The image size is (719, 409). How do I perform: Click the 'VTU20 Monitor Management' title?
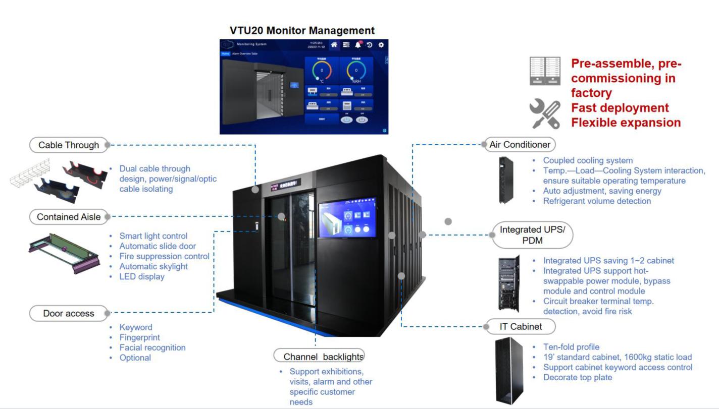pyautogui.click(x=302, y=30)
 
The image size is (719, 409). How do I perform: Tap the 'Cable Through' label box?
pyautogui.click(x=69, y=145)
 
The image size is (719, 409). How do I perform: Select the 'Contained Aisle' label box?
pyautogui.click(x=69, y=217)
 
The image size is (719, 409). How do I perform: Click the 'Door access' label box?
pyautogui.click(x=69, y=313)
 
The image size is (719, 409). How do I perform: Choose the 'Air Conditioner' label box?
pyautogui.click(x=520, y=145)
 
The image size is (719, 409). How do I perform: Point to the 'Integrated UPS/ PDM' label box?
pyautogui.click(x=532, y=235)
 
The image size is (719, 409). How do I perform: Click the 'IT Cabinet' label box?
pyautogui.click(x=521, y=326)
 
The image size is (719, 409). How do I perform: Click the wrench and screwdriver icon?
pyautogui.click(x=545, y=114)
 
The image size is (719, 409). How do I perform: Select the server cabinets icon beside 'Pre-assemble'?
pyautogui.click(x=545, y=71)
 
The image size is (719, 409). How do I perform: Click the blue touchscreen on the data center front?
pyautogui.click(x=347, y=217)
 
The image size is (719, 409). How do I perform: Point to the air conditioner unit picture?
pyautogui.click(x=505, y=180)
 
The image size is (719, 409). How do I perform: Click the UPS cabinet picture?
pyautogui.click(x=508, y=284)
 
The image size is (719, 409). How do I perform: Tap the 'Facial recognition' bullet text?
pyautogui.click(x=152, y=347)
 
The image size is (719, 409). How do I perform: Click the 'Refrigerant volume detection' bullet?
pyautogui.click(x=597, y=201)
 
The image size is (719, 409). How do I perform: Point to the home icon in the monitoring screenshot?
pyautogui.click(x=334, y=45)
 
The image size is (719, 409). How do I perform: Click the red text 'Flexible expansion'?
pyautogui.click(x=626, y=123)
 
